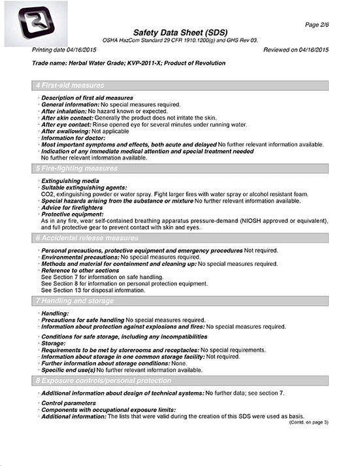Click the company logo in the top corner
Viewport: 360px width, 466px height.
tap(29, 23)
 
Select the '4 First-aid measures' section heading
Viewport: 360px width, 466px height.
tap(69, 86)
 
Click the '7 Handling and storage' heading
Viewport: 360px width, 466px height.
tap(74, 301)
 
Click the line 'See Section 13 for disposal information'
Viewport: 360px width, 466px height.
tap(93, 290)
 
